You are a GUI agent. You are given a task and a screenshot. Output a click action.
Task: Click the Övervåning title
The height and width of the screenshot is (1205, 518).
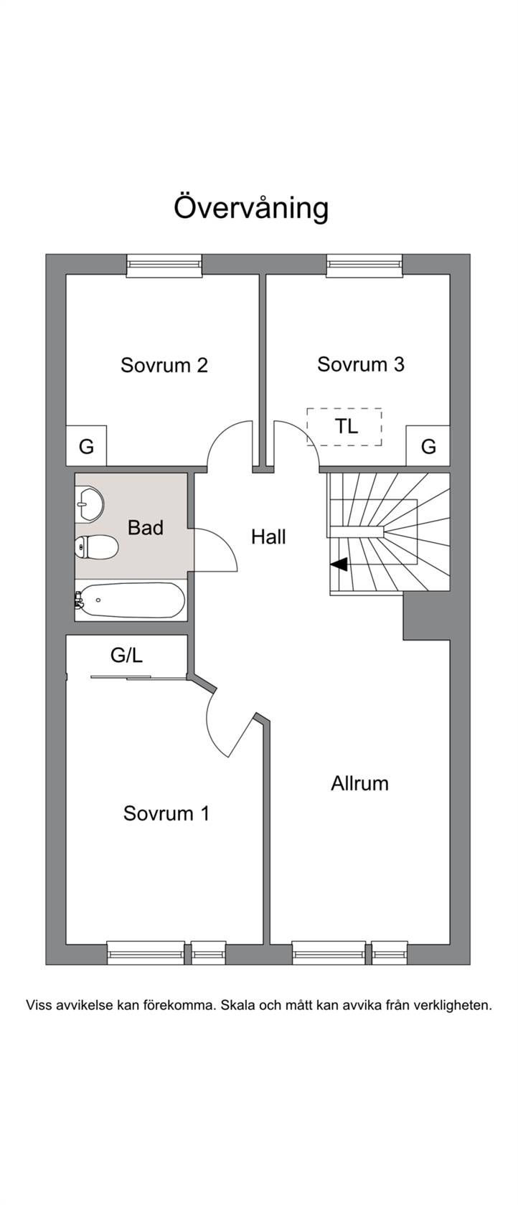pyautogui.click(x=251, y=208)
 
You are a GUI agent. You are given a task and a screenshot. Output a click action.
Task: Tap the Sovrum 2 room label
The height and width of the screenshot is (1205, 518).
pyautogui.click(x=164, y=365)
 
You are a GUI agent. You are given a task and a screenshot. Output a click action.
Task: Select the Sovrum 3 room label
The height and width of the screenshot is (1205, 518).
pyautogui.click(x=361, y=364)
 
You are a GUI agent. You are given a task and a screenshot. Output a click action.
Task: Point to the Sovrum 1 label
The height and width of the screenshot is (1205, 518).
pyautogui.click(x=166, y=813)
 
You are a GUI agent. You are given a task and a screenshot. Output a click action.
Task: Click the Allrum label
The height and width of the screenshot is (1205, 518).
pyautogui.click(x=359, y=783)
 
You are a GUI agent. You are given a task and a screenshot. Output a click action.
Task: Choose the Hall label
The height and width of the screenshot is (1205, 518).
pyautogui.click(x=268, y=537)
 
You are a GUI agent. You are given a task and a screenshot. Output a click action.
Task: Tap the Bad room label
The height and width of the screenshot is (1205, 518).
pyautogui.click(x=146, y=528)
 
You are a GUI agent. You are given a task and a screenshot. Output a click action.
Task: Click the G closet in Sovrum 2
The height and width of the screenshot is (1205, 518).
pyautogui.click(x=86, y=447)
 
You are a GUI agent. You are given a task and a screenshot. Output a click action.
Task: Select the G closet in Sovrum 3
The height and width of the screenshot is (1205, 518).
pyautogui.click(x=428, y=447)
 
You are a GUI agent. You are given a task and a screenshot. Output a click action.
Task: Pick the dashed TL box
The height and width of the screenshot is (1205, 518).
pyautogui.click(x=345, y=427)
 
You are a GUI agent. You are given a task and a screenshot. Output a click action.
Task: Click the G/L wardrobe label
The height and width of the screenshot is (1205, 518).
pyautogui.click(x=126, y=655)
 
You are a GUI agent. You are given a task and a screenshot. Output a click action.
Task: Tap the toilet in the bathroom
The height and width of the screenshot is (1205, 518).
pyautogui.click(x=95, y=549)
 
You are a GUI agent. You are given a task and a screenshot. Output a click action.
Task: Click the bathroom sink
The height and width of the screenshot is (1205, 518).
pyautogui.click(x=89, y=504)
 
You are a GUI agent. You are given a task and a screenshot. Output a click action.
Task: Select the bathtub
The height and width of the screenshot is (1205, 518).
pyautogui.click(x=131, y=600)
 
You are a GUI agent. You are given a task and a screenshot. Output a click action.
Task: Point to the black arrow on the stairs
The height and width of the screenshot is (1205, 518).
pyautogui.click(x=339, y=564)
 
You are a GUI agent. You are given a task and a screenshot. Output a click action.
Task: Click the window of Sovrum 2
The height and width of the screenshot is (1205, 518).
pyautogui.click(x=164, y=265)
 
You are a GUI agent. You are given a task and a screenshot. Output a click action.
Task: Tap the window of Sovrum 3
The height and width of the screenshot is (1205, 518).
pyautogui.click(x=364, y=265)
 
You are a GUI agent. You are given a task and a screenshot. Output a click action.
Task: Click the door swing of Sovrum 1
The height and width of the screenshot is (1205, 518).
pyautogui.click(x=228, y=724)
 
